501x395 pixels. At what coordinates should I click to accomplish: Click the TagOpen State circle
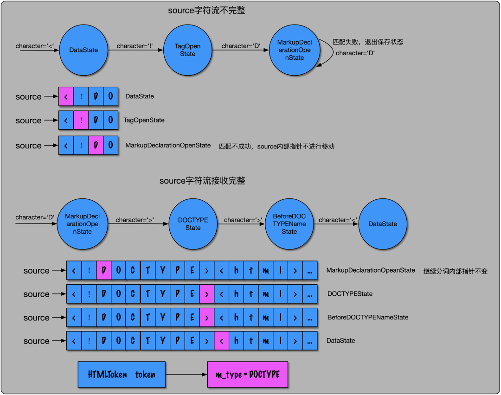click(x=187, y=50)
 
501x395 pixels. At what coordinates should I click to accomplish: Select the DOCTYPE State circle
click(x=193, y=224)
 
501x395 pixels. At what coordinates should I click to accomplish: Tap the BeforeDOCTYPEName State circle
click(x=289, y=224)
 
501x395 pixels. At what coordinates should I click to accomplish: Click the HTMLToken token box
click(x=122, y=375)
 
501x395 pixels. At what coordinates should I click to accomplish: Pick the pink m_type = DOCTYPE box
click(x=247, y=375)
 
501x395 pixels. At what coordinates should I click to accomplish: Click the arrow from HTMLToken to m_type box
click(x=186, y=375)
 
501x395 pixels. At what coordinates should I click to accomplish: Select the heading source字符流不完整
click(x=206, y=11)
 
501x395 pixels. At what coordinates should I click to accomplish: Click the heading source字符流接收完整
click(x=202, y=181)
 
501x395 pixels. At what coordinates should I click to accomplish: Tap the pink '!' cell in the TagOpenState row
click(x=81, y=121)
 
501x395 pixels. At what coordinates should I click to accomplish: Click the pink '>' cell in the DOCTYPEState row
click(x=207, y=294)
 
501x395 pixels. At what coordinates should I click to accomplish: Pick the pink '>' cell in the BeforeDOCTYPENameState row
click(x=207, y=318)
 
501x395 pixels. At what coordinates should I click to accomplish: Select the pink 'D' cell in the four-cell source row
click(x=96, y=146)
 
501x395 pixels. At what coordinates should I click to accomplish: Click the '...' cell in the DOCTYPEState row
click(x=310, y=294)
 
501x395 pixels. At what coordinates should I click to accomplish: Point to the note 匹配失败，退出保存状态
click(x=368, y=42)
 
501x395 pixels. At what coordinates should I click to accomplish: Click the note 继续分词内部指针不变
click(x=455, y=271)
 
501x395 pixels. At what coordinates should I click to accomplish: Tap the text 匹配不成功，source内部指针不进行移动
click(x=276, y=146)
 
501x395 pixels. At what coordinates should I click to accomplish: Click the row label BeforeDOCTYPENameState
click(x=368, y=318)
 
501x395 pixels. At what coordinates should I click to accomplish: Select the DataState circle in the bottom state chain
click(x=383, y=224)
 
